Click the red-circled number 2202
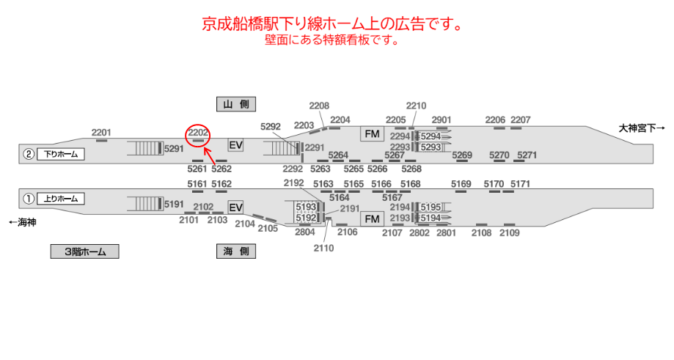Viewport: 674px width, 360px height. click(199, 133)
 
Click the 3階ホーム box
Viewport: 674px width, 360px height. click(84, 251)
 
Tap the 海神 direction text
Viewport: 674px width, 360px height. click(22, 222)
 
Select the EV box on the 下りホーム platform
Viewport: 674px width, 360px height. click(235, 145)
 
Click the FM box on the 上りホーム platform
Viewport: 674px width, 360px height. click(373, 219)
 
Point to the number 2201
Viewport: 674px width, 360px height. click(102, 132)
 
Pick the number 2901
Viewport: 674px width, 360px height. click(442, 120)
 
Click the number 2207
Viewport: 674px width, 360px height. click(521, 120)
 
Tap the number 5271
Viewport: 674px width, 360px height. click(527, 155)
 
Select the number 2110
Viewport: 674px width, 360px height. click(323, 248)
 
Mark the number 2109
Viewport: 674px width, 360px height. click(509, 233)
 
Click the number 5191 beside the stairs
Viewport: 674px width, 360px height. click(175, 205)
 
